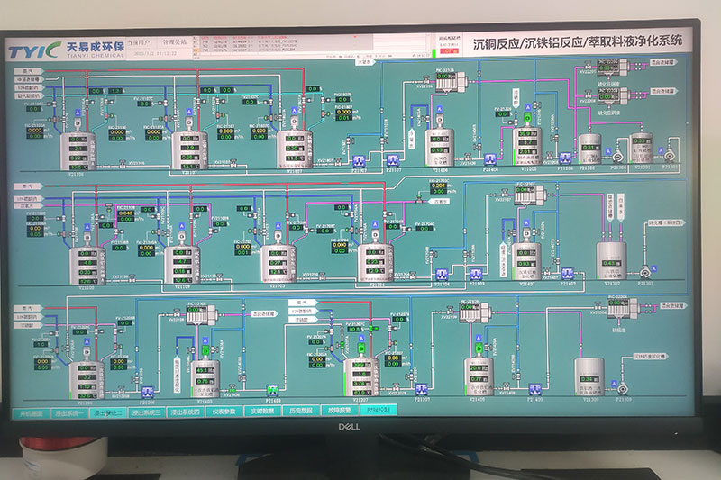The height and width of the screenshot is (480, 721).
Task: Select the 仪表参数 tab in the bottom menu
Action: point(223,412)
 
